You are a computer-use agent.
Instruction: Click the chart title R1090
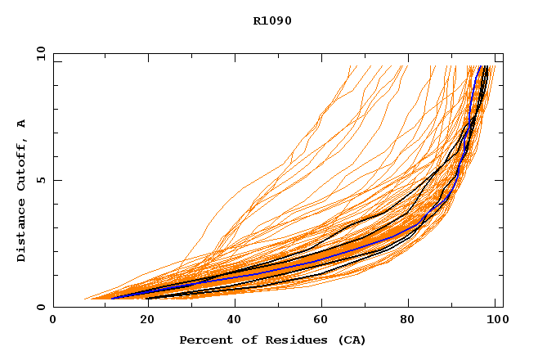tap(272, 20)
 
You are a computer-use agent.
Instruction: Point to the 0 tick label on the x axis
tap(54, 320)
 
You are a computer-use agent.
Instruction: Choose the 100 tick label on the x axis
tap(495, 320)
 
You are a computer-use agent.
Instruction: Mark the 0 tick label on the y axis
tap(40, 307)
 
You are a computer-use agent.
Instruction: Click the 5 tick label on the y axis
tap(40, 180)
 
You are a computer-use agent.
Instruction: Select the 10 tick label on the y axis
tap(40, 53)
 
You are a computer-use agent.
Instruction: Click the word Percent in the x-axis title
tap(202, 340)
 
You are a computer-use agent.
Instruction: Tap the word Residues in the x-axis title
tap(282, 340)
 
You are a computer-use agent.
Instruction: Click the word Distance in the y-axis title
tap(22, 232)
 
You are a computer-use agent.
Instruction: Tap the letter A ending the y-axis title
tap(22, 124)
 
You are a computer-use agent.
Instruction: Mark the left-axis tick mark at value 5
tap(56, 180)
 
